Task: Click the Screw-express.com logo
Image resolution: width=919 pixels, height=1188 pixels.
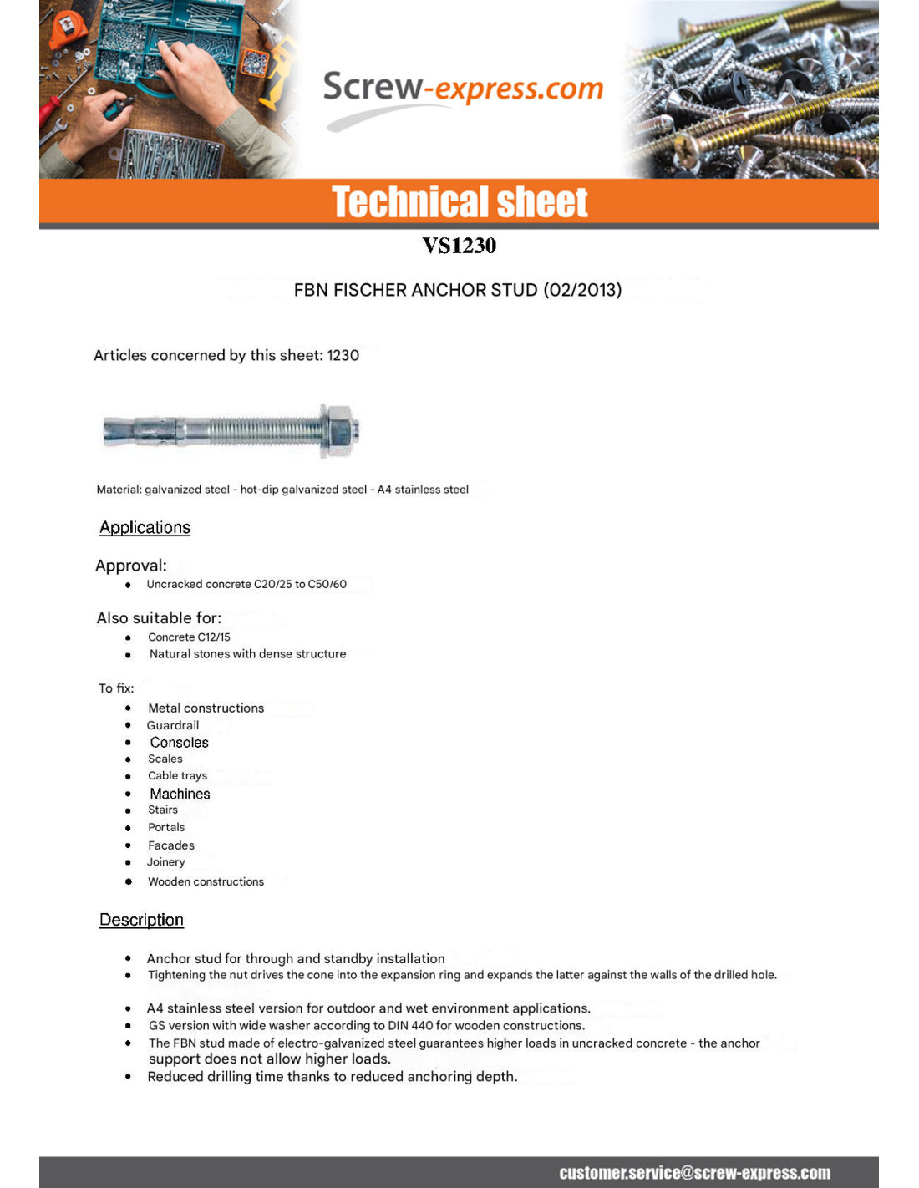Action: tap(462, 89)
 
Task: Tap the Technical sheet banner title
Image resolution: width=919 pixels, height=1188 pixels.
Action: tap(459, 202)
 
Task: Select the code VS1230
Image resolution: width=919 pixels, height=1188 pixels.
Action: tap(459, 246)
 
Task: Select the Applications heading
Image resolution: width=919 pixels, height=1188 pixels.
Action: tap(145, 528)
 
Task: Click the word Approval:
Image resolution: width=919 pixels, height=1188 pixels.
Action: tap(131, 566)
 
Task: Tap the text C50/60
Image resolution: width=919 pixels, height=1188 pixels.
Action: tap(327, 584)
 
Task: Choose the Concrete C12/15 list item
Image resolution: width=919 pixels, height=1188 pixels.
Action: tap(189, 637)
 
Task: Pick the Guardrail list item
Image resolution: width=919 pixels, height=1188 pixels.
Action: tap(173, 725)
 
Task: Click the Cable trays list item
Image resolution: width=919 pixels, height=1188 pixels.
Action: tap(177, 775)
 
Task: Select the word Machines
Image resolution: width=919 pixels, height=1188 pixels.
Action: tap(180, 794)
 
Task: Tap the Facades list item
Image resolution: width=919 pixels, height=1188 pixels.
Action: tap(171, 845)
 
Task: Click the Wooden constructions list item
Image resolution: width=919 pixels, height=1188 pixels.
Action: tap(206, 881)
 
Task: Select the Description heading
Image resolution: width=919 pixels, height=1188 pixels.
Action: tap(141, 920)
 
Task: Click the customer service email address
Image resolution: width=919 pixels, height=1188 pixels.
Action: tap(694, 1173)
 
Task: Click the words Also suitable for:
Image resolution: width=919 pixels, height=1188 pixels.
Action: tap(159, 618)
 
